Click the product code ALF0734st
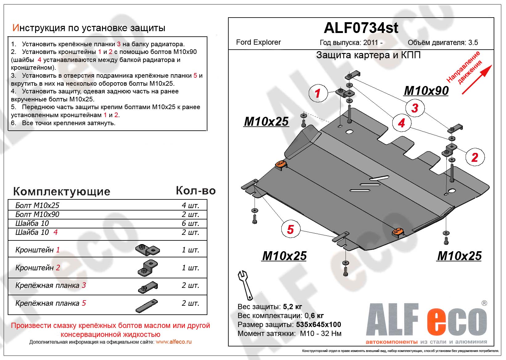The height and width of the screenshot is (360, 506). tap(361, 28)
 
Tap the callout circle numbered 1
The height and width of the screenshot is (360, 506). tap(317, 93)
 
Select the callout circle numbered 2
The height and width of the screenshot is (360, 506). tap(475, 157)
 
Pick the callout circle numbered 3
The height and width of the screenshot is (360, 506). tap(415, 108)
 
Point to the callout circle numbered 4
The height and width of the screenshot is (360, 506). tap(401, 123)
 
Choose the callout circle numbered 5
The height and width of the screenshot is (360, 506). tap(290, 229)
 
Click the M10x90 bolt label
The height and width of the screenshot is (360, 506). tap(426, 91)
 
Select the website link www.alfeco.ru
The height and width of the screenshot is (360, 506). tap(173, 342)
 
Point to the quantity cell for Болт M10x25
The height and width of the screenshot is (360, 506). tap(190, 206)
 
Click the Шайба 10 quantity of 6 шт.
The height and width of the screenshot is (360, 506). tap(190, 223)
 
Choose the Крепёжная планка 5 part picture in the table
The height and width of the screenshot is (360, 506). tap(147, 306)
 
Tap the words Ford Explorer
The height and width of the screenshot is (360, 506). tap(258, 43)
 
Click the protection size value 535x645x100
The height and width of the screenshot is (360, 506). tap(318, 325)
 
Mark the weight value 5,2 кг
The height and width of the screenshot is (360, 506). tap(292, 307)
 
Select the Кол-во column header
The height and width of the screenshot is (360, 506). tap(196, 191)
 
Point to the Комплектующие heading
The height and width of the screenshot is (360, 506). tap(62, 191)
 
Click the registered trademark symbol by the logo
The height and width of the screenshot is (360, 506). tap(484, 303)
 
